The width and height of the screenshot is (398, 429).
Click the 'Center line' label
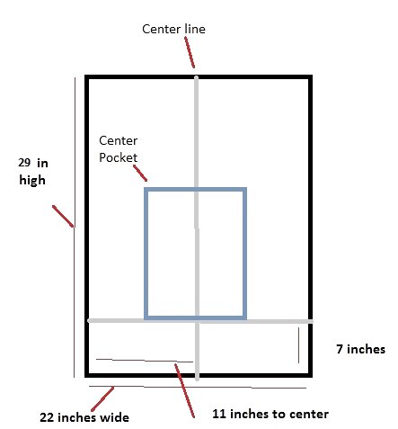[x=173, y=29]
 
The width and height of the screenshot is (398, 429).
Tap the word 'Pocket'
[x=119, y=157]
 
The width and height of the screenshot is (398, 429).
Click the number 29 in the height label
[x=24, y=163]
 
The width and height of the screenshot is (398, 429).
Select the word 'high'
[x=32, y=180]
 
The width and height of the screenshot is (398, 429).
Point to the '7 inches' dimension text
[x=361, y=349]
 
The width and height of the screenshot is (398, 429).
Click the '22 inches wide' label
[x=84, y=417]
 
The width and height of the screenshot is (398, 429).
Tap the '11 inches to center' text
[x=270, y=414]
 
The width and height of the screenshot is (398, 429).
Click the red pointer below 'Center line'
[x=190, y=52]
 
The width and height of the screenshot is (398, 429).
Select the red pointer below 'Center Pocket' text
[x=140, y=173]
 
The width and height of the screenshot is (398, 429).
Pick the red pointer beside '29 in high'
[x=63, y=216]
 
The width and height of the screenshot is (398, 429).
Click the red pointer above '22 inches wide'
[x=102, y=399]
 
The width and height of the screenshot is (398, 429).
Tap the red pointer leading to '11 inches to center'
[x=185, y=390]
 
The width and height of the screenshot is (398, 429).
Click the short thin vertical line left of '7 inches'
[x=298, y=345]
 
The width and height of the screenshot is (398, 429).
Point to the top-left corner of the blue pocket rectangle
[x=146, y=189]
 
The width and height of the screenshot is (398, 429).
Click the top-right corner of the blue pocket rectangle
[x=244, y=189]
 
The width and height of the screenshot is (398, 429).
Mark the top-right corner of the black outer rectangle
[x=311, y=76]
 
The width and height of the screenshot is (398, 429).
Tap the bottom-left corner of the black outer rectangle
[x=86, y=375]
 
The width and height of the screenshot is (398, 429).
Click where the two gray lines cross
[x=197, y=321]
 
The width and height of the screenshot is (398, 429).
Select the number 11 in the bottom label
[x=219, y=414]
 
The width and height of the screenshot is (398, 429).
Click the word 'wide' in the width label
[x=116, y=417]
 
